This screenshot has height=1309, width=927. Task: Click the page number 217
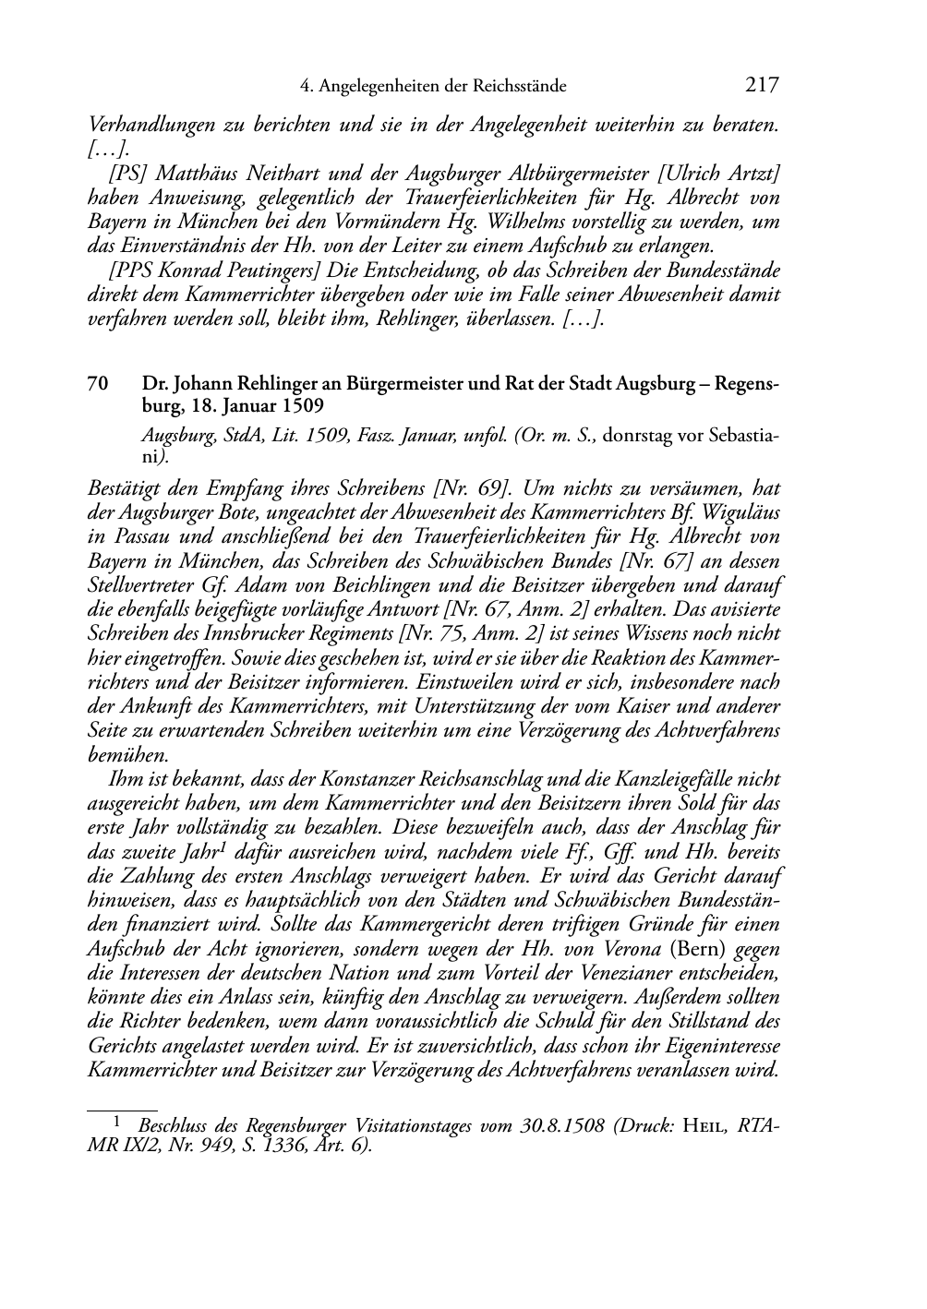point(761,86)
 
